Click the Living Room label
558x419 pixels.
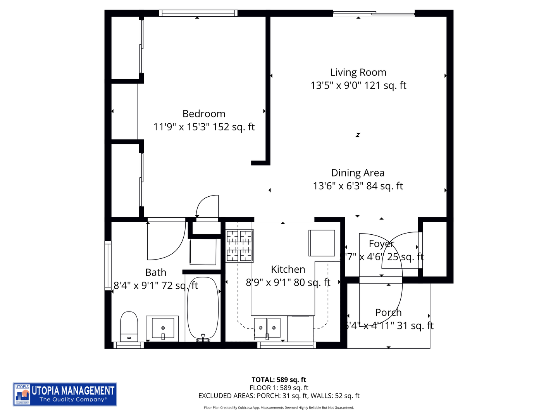click(358, 73)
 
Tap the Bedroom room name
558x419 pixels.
click(204, 114)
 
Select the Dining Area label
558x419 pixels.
click(358, 173)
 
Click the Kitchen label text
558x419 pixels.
click(288, 269)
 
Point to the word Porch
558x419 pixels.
click(388, 312)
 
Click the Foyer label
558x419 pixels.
click(381, 244)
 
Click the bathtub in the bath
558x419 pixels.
click(203, 308)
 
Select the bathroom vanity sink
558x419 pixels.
click(163, 328)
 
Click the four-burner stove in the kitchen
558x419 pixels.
click(239, 246)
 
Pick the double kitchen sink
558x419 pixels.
click(267, 328)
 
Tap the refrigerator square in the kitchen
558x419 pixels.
click(322, 243)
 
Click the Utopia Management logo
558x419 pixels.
click(65, 394)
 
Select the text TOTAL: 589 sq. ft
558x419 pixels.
click(279, 380)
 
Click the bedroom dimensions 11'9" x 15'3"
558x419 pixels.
click(204, 127)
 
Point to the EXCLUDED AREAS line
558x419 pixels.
click(279, 396)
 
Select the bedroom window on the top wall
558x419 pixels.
click(198, 13)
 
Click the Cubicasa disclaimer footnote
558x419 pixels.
click(279, 408)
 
